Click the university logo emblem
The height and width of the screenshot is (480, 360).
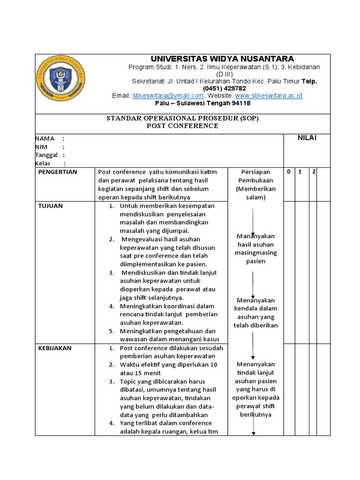tap(61, 77)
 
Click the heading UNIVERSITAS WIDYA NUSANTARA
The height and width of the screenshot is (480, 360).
tap(222, 59)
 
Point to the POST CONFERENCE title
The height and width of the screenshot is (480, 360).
tap(182, 126)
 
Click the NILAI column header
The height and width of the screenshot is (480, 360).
tap(307, 137)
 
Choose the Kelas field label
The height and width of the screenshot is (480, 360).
tap(43, 164)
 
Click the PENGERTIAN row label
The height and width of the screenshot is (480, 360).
tap(58, 172)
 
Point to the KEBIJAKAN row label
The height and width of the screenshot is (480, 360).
tap(55, 348)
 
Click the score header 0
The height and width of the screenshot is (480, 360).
tap(289, 172)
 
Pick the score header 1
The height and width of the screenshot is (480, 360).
tap(301, 172)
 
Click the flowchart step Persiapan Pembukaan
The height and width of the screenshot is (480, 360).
tap(255, 176)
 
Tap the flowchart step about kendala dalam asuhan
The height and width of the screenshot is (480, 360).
tap(255, 313)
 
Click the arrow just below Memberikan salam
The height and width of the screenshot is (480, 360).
tap(253, 220)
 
